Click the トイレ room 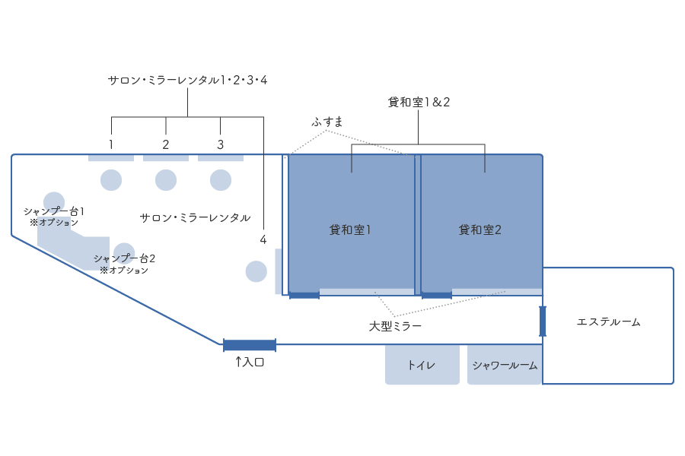click(422, 365)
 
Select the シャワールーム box click(505, 365)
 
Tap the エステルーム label click(608, 322)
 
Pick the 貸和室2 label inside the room click(479, 230)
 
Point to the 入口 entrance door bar click(250, 345)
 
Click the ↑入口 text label click(249, 363)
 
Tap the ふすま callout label click(328, 122)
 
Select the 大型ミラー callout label click(395, 325)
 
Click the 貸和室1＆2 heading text click(419, 102)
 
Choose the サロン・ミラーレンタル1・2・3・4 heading click(187, 80)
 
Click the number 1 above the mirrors click(111, 144)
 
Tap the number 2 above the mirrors click(166, 144)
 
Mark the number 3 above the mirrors click(221, 144)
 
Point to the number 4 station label click(263, 239)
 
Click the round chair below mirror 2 click(166, 180)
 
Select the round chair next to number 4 click(256, 271)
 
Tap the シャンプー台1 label click(53, 211)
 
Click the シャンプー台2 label click(124, 258)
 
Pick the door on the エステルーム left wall click(543, 321)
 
